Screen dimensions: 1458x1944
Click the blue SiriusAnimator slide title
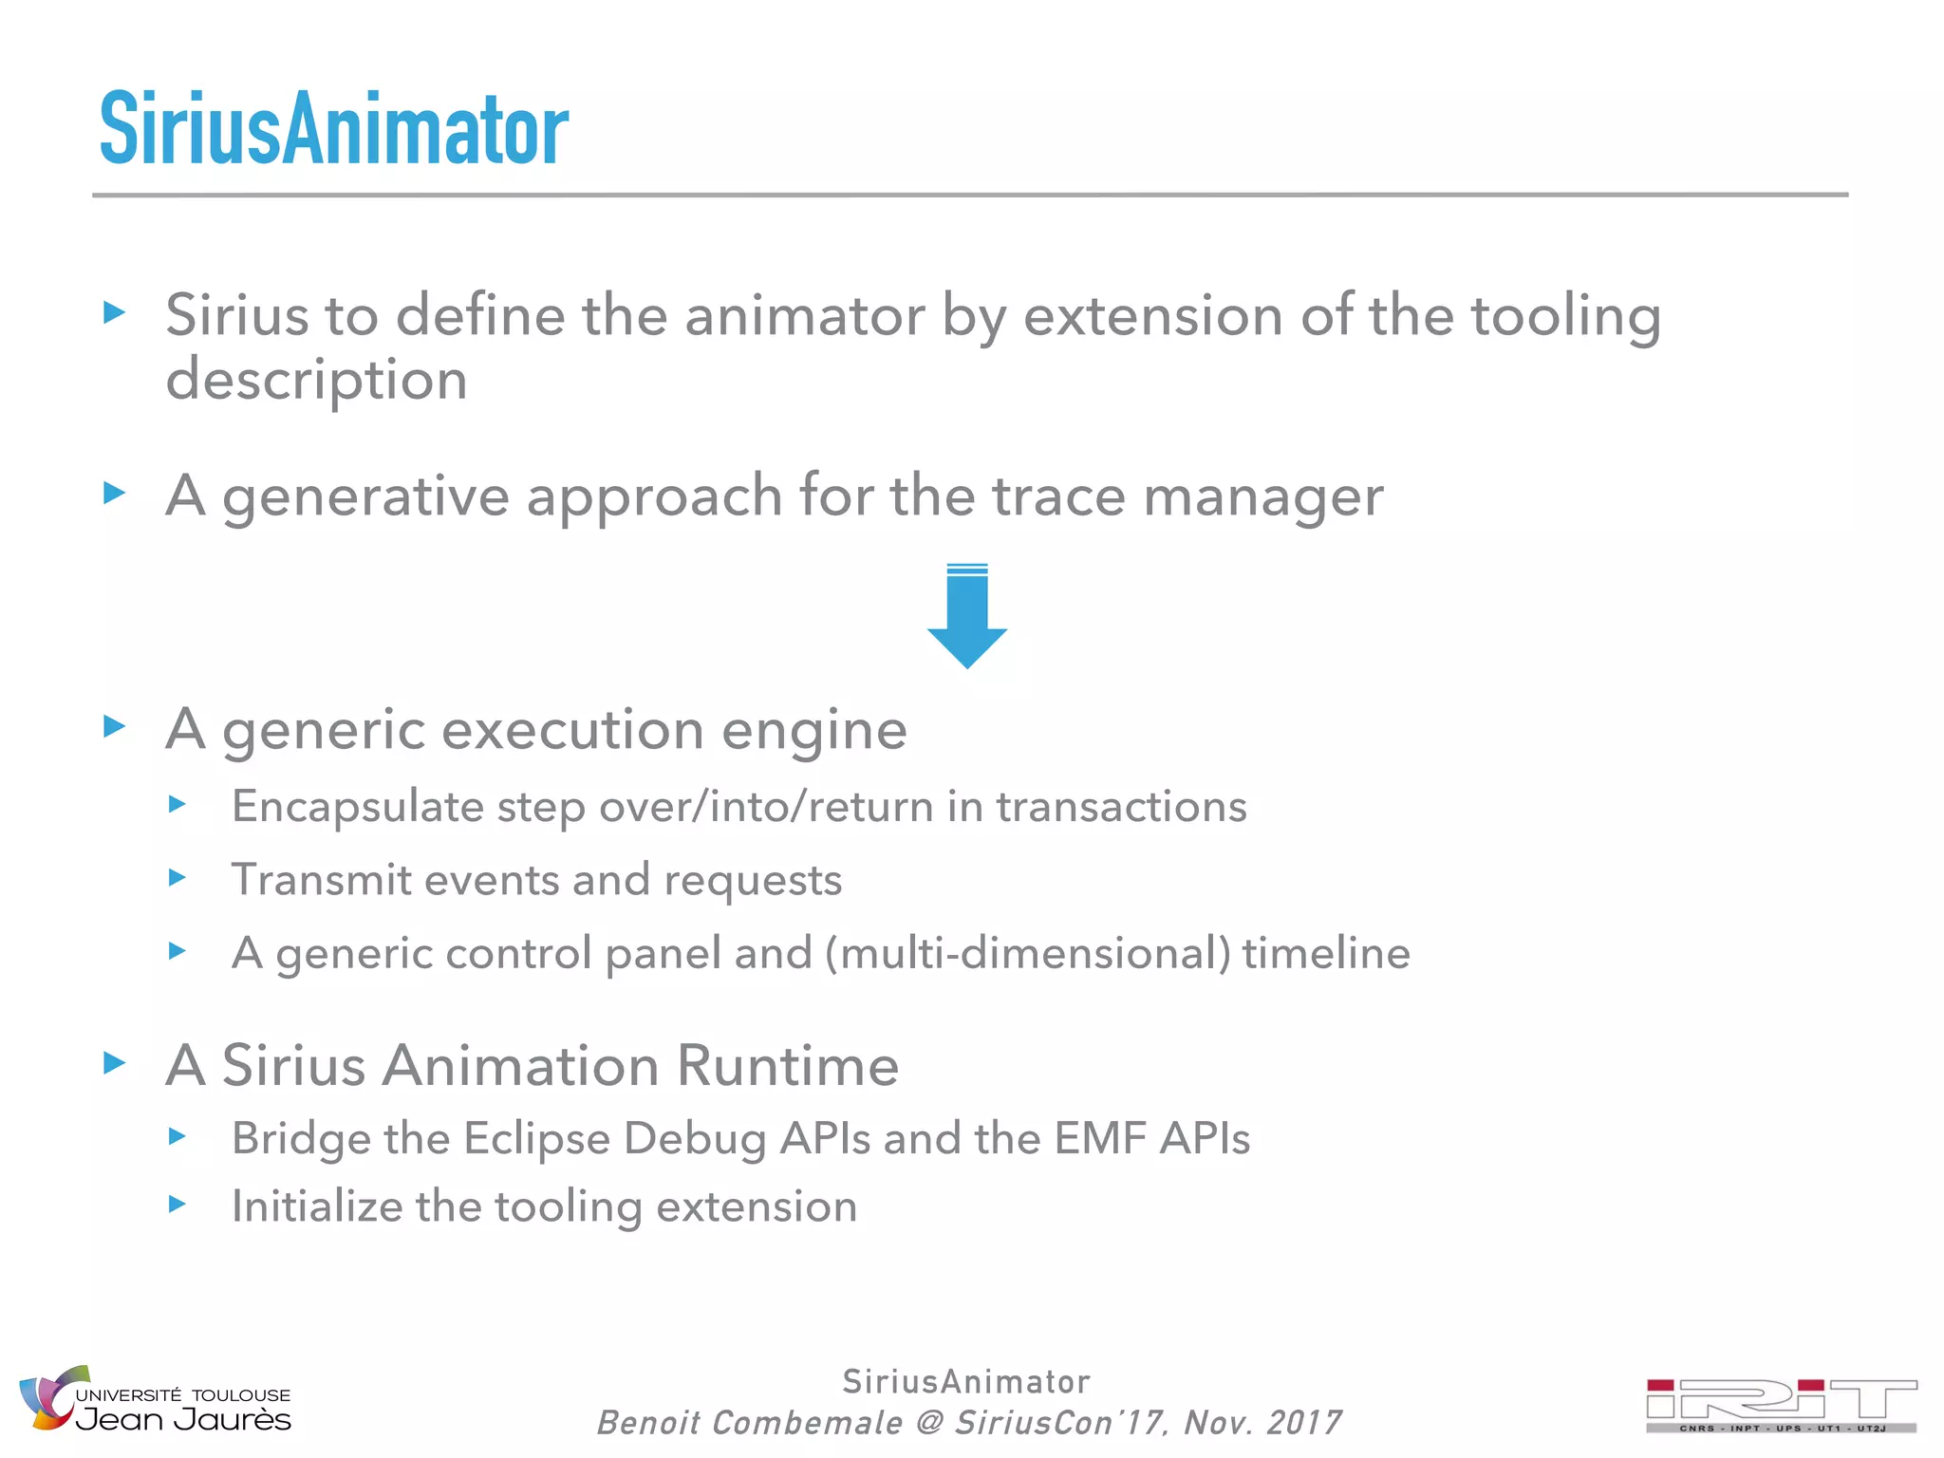334,129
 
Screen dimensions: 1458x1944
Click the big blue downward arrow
966,617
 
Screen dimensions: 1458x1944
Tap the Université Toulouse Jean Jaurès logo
156,1399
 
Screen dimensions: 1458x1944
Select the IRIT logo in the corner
1781,1405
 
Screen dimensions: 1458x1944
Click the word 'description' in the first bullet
316,381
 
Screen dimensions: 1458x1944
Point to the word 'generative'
365,496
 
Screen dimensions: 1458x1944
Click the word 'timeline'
1326,953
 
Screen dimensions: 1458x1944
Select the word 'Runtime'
787,1065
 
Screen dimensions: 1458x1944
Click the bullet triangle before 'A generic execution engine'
115,727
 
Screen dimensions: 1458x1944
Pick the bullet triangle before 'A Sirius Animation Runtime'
115,1063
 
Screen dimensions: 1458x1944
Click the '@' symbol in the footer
928,1423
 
